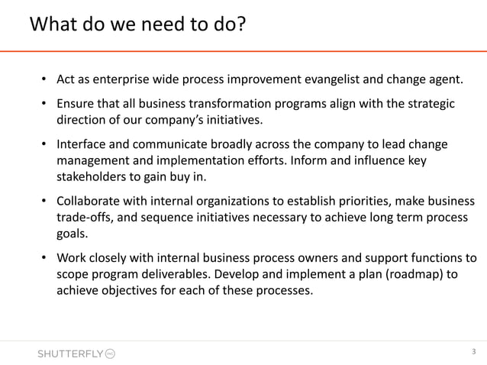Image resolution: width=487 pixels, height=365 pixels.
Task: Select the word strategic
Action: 428,104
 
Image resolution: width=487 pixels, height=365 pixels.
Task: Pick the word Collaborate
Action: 92,202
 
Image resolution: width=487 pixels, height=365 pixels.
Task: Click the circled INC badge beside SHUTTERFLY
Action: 110,354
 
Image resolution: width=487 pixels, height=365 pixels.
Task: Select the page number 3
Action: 473,352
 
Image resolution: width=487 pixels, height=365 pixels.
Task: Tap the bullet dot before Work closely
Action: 45,260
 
